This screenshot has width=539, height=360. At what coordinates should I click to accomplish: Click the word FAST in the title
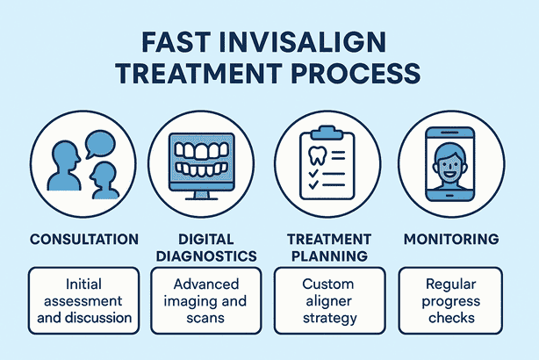176,42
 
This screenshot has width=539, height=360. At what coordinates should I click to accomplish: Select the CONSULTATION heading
84,240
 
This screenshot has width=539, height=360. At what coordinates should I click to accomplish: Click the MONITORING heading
451,240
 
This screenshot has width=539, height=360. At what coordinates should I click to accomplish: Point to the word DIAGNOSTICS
206,256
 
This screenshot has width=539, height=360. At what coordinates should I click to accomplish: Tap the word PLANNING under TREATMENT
329,256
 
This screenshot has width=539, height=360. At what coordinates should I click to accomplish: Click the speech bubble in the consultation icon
100,144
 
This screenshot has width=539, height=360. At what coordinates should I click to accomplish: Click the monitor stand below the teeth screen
201,196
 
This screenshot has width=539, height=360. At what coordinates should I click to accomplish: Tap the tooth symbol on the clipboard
317,155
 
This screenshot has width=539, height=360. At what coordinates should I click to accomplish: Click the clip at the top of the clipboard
327,133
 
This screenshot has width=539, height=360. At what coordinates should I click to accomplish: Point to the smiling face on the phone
449,165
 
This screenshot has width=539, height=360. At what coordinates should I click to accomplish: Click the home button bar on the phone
450,195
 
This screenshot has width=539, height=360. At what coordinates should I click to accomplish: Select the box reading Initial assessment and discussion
84,300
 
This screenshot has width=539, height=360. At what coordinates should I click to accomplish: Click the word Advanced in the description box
206,284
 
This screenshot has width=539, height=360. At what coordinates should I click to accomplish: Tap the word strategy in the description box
330,318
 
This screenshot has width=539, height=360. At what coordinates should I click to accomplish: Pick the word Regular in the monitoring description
450,284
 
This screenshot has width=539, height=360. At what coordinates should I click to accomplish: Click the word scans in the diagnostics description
205,318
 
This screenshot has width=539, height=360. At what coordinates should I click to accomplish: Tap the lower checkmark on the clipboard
313,185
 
